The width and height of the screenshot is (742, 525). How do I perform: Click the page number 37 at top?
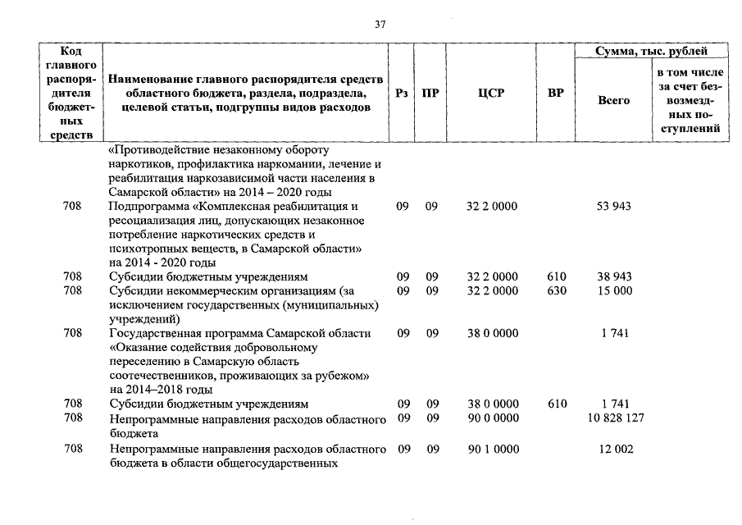coord(380,24)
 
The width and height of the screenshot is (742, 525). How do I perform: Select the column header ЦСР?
coord(490,94)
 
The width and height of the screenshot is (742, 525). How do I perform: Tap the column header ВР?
coord(556,94)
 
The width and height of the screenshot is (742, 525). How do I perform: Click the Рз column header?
coord(402,94)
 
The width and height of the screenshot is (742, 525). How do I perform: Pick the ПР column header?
coord(430,94)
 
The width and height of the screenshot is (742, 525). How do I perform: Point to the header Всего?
coord(614,100)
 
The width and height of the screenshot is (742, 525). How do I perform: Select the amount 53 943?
coord(614,207)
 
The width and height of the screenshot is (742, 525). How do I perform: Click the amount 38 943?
coord(614,277)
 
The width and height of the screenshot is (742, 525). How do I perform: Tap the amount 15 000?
coord(614,290)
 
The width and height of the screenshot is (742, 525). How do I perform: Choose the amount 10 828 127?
coord(614,418)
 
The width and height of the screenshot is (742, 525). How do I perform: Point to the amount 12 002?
coord(614,450)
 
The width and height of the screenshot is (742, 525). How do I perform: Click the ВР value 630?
coord(556,290)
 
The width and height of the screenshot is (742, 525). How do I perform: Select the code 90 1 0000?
coord(492,450)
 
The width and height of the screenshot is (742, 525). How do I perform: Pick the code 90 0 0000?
coord(492,418)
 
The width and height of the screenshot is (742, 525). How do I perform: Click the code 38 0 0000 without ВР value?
coord(492,334)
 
